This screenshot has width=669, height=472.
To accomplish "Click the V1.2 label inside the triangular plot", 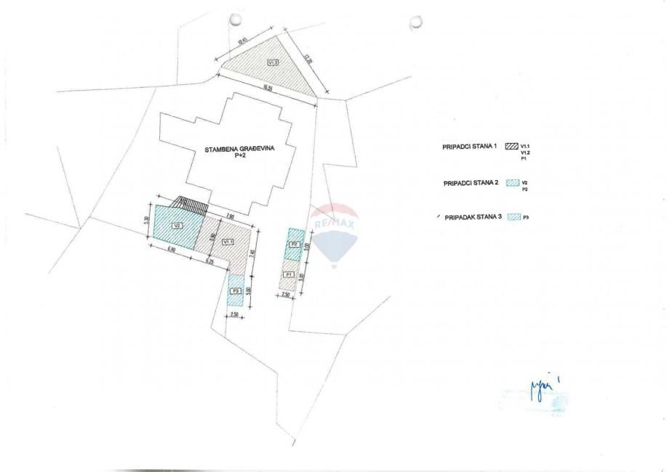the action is [x=273, y=63].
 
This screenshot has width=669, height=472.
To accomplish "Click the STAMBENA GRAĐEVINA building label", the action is [x=229, y=150].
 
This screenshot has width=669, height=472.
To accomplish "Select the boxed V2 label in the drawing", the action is [x=177, y=226].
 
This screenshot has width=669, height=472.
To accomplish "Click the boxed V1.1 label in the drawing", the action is [x=228, y=241].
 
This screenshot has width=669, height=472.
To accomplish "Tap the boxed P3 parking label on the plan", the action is [x=236, y=290].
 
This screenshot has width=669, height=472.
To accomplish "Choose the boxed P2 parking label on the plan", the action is [x=294, y=244].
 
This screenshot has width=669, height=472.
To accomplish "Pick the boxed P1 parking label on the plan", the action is [x=289, y=274].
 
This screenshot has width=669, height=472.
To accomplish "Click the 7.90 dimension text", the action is [x=230, y=216].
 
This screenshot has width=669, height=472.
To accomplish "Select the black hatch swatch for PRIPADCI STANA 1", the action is [x=510, y=147].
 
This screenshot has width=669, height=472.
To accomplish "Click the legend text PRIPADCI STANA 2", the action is [x=470, y=184].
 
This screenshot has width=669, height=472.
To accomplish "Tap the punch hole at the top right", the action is [x=416, y=23].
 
